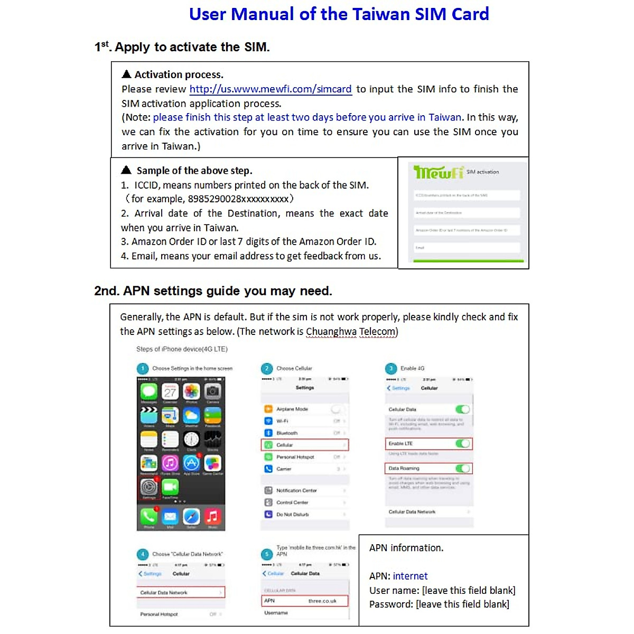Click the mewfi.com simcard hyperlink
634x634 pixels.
coord(270,89)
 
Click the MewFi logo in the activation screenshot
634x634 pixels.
coord(439,172)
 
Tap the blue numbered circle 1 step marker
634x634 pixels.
coord(143,368)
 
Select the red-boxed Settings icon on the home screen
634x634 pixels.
coord(149,487)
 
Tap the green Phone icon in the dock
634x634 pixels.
coord(149,516)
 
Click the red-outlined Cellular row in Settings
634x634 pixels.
coord(305,445)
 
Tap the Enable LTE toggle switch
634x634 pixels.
coord(462,443)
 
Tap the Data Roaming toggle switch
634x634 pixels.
coord(462,468)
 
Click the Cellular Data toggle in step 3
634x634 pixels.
coord(462,409)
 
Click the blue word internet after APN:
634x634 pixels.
coord(410,576)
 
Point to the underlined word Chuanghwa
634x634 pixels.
coord(331,332)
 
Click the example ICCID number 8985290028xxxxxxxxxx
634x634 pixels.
coord(238,199)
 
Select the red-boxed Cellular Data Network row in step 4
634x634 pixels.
coord(181,592)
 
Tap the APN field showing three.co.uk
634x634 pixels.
coord(305,601)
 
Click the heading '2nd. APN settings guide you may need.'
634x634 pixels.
coord(213,291)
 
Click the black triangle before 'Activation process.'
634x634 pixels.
coord(126,74)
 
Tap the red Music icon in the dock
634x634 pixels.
coord(212,516)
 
